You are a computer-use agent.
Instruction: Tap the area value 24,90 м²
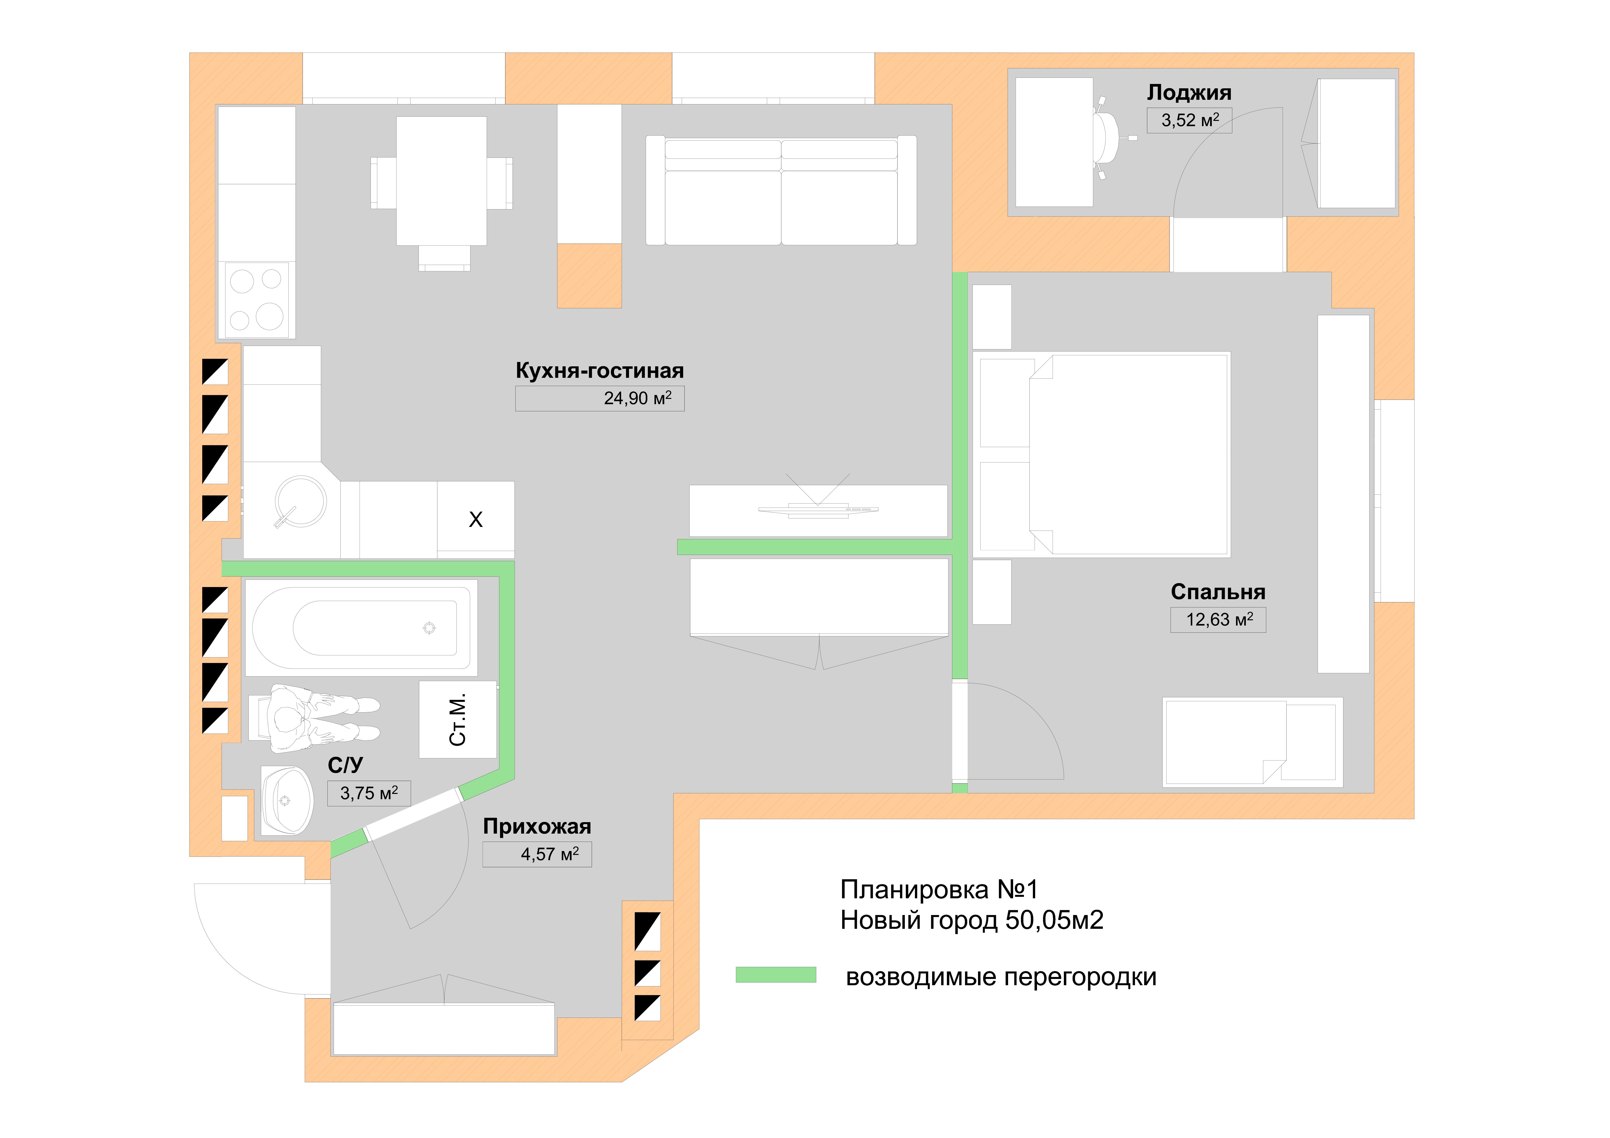[637, 398]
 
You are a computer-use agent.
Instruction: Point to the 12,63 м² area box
[1218, 620]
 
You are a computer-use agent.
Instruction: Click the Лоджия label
[1189, 92]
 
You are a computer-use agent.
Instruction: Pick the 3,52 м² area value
[1190, 120]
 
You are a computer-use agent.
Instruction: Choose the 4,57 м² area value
[550, 854]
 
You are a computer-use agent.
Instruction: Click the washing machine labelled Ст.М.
[458, 719]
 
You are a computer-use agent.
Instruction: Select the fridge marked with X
[475, 520]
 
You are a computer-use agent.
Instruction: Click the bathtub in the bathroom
[361, 628]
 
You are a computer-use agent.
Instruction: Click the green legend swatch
[776, 975]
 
